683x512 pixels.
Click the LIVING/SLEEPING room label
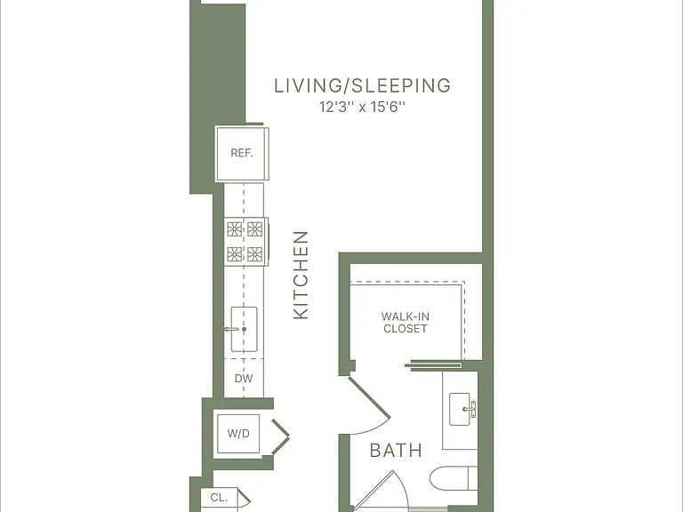[363, 85]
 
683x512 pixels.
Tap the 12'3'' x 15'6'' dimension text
[363, 107]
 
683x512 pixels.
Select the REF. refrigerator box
[242, 154]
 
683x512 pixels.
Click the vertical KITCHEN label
[301, 276]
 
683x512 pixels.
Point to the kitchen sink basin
[244, 329]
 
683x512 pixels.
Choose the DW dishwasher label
[244, 379]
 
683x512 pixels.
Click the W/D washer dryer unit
[238, 434]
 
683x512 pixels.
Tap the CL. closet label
[219, 498]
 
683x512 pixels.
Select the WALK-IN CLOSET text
[406, 323]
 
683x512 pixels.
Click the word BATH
[396, 451]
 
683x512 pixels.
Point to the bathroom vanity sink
[460, 409]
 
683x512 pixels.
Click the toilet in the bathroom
[454, 478]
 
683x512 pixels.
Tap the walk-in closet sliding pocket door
[433, 364]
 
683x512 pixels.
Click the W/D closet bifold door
[280, 436]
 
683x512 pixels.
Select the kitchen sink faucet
[232, 329]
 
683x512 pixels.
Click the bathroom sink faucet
[470, 409]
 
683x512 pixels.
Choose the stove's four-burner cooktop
[245, 241]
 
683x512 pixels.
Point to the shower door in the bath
[380, 491]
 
